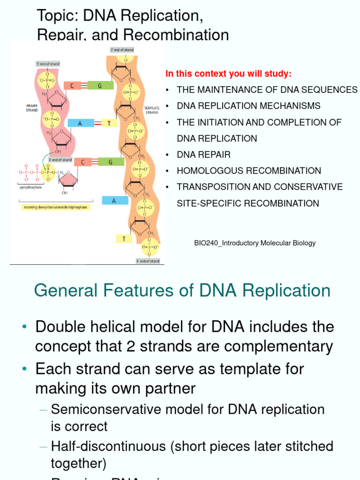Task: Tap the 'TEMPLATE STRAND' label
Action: coord(152,110)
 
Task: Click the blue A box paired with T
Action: coord(81,123)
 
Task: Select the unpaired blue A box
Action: coord(114,201)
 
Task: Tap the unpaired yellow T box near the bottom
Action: coord(124,239)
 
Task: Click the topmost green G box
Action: coord(99,85)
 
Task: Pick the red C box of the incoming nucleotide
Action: coord(82,162)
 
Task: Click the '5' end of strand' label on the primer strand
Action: coord(48,64)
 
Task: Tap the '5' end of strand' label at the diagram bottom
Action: coord(148,261)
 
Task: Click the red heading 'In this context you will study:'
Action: coord(228,74)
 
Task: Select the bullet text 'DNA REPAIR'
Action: coord(203,155)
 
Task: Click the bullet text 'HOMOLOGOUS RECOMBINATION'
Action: coord(249,171)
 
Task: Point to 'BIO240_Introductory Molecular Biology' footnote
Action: coord(255,243)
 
